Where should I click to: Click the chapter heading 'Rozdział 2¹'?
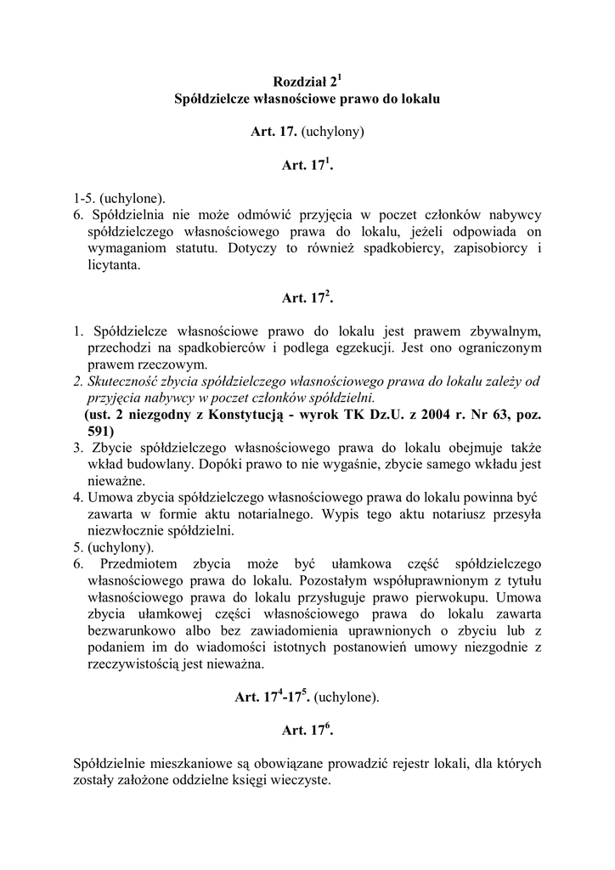point(307,82)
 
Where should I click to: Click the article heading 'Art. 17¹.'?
point(307,167)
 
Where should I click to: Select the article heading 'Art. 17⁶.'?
point(307,730)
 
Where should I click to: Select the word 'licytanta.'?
point(114,264)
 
